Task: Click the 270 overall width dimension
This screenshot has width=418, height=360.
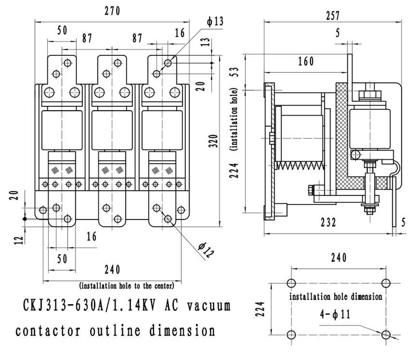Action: tap(112, 11)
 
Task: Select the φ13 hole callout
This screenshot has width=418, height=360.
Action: tap(214, 22)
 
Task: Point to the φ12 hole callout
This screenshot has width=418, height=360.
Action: tap(206, 249)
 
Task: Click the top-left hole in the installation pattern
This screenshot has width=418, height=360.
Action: tap(291, 284)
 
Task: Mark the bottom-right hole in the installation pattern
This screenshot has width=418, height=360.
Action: tap(386, 335)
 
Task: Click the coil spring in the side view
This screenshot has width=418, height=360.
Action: tap(299, 166)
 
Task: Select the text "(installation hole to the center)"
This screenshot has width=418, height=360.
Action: tap(126, 286)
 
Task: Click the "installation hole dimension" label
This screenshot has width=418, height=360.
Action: tap(335, 296)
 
